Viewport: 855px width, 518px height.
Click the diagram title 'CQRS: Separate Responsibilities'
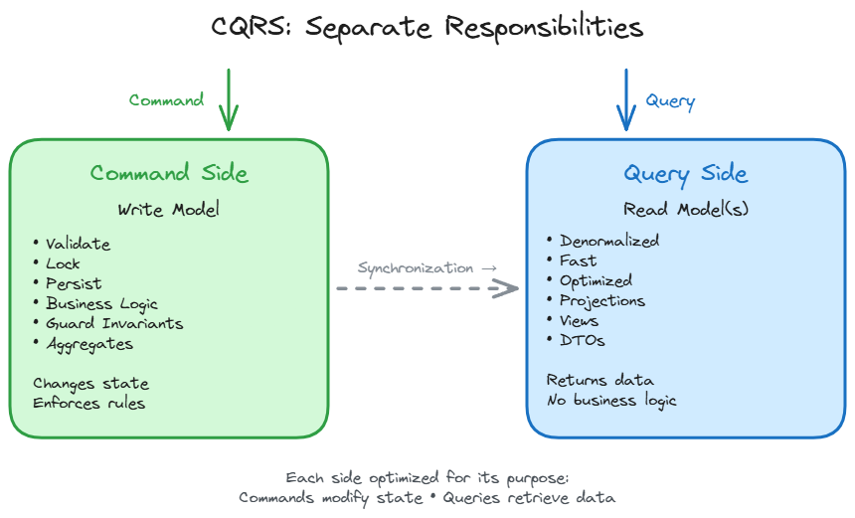(427, 27)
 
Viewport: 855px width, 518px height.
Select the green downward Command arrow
(229, 99)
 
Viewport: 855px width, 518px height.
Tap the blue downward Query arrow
(625, 99)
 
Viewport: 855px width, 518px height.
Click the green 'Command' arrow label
(167, 100)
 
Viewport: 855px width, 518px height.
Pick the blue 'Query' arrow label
(670, 100)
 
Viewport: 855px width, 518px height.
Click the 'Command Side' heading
(169, 173)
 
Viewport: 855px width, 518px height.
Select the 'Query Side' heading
(685, 173)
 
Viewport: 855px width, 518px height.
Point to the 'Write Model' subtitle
(169, 210)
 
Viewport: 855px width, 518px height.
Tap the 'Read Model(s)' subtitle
(685, 210)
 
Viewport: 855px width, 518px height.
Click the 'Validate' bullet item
(78, 244)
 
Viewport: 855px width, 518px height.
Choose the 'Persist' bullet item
(73, 283)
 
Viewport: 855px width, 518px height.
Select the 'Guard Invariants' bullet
(113, 323)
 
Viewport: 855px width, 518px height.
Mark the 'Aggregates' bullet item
(88, 344)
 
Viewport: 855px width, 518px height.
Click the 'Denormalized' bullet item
(608, 241)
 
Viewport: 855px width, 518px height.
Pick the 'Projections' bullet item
(601, 300)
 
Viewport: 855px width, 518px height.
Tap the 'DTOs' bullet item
(582, 340)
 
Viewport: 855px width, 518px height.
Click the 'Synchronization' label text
(416, 267)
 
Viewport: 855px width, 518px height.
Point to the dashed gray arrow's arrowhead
(509, 288)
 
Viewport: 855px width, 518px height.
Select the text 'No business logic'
(611, 400)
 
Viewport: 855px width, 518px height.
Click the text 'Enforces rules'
(88, 403)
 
